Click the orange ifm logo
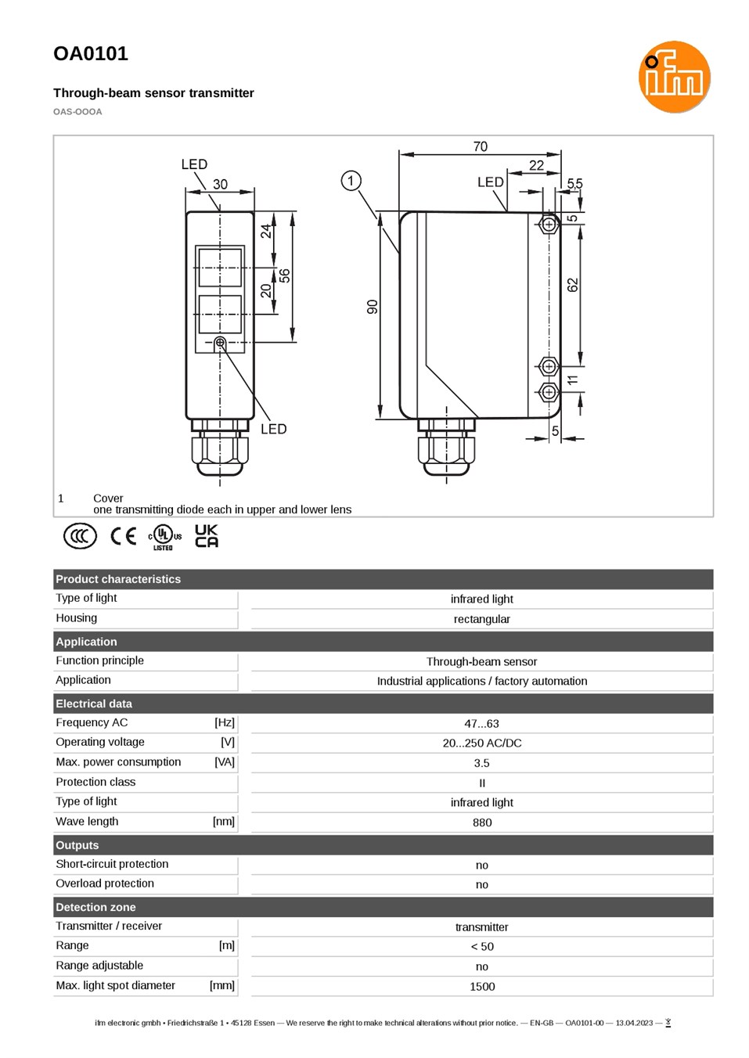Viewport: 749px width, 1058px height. [674, 77]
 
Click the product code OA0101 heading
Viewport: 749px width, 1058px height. [91, 53]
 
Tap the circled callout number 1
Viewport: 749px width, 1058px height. [351, 181]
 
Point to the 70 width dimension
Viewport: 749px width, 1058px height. [481, 146]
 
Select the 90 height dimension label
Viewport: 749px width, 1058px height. [373, 307]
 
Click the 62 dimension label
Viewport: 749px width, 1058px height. [572, 286]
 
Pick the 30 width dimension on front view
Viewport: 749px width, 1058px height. [220, 184]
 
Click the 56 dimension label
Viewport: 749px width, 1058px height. [284, 275]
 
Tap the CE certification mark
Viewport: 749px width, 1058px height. [123, 536]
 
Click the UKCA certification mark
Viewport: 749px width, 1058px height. [207, 535]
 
